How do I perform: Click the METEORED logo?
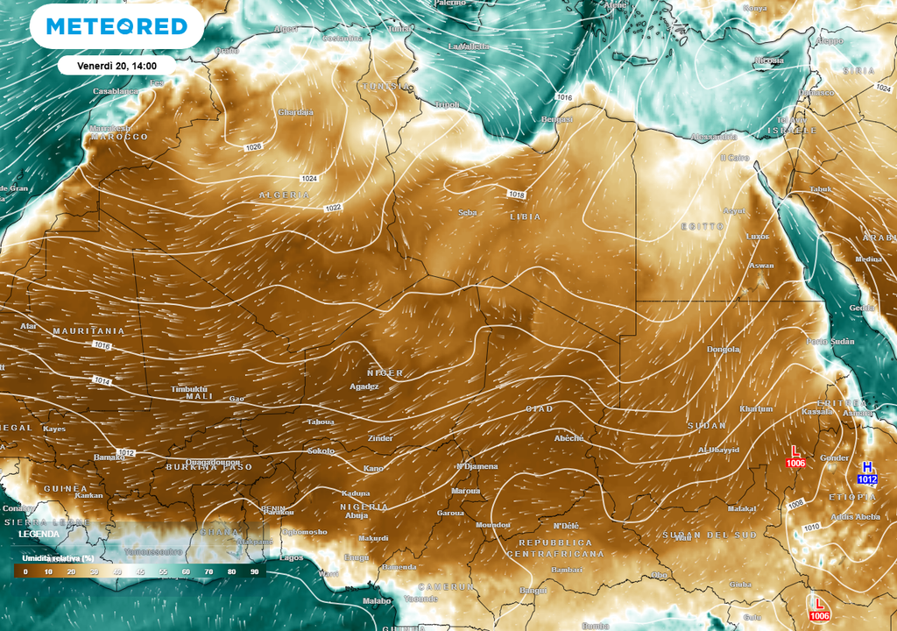point(117,26)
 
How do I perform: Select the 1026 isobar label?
point(254,147)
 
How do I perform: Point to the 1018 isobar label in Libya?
point(516,195)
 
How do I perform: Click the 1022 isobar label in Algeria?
point(333,208)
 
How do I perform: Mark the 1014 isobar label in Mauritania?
point(102,381)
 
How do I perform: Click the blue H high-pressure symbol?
point(867,467)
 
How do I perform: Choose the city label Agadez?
point(364,386)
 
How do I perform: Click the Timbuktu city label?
point(189,388)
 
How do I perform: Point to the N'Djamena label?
point(477,466)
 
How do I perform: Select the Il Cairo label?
point(734,158)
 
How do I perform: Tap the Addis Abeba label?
point(854,517)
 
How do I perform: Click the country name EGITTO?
point(703,226)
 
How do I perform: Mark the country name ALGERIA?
point(284,195)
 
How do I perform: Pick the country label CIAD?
point(539,409)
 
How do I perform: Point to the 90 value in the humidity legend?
point(254,571)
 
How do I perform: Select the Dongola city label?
point(724,350)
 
